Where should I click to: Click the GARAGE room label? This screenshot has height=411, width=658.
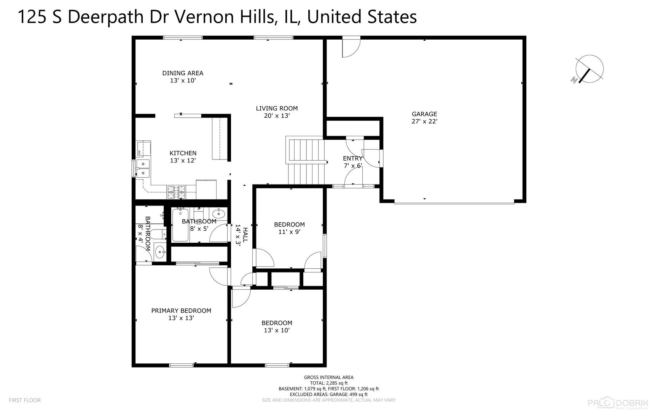click(x=424, y=114)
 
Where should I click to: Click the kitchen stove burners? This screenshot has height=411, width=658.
click(x=176, y=192)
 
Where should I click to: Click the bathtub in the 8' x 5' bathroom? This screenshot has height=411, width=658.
click(x=180, y=225)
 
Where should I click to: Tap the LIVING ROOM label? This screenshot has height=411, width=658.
click(x=277, y=108)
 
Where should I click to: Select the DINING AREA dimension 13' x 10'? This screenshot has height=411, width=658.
click(x=183, y=81)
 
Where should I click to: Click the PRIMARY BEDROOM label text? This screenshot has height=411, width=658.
click(x=181, y=311)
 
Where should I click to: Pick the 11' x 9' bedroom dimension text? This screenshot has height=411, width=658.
click(x=289, y=232)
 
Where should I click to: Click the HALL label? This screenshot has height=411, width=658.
click(x=245, y=235)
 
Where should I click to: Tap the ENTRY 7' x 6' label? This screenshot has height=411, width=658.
click(x=352, y=162)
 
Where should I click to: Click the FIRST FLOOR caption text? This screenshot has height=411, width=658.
click(x=25, y=400)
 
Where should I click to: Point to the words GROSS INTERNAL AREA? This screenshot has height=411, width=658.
click(x=328, y=378)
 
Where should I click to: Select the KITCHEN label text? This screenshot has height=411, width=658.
click(x=183, y=153)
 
